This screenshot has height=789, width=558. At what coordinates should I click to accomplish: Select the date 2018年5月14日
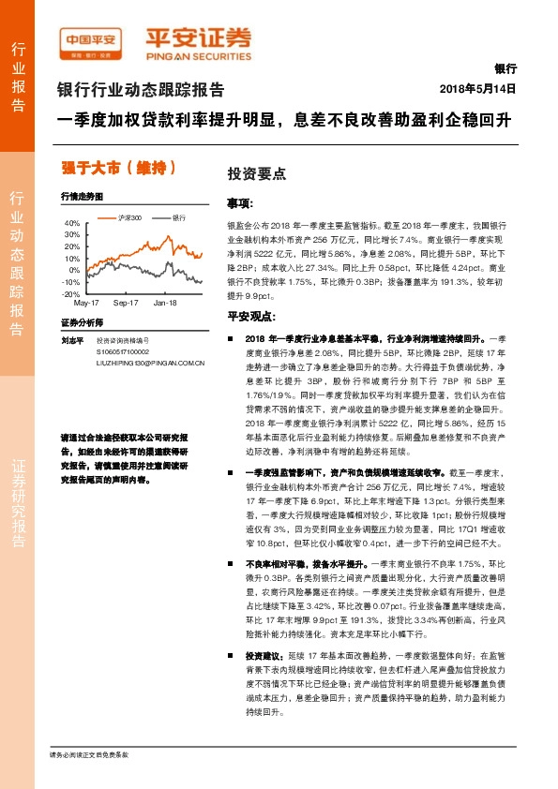[x=478, y=88]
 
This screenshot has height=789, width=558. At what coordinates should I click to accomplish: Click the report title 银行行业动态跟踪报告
[x=141, y=90]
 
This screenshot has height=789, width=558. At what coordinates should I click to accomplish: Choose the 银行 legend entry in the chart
[x=177, y=216]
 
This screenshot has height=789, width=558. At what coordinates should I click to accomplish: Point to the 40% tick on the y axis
[x=71, y=223]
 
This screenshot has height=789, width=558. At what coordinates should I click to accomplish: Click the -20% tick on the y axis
[x=71, y=293]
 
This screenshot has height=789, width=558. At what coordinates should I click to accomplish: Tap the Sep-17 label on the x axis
[x=126, y=303]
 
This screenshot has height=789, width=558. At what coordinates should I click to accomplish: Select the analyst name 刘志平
[x=72, y=340]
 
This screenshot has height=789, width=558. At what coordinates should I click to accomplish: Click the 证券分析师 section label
[x=79, y=321]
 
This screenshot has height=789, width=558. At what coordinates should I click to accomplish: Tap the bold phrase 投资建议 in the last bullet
[x=260, y=630]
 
